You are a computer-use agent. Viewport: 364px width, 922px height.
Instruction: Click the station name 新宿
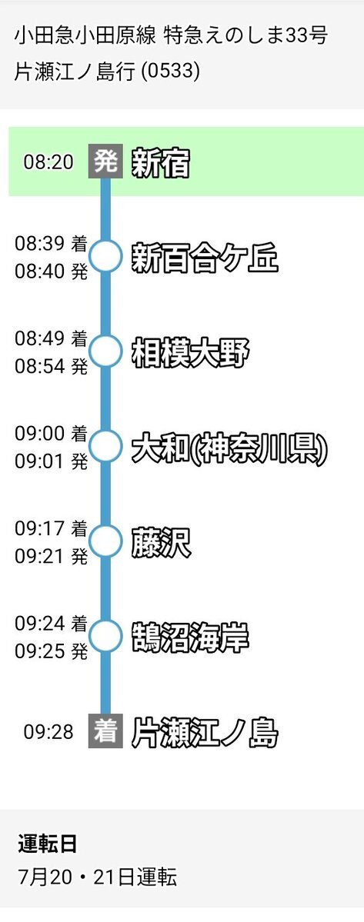click(x=161, y=162)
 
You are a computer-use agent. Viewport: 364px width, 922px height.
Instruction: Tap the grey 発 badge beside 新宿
click(x=106, y=161)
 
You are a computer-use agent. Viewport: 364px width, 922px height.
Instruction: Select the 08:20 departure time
click(x=48, y=161)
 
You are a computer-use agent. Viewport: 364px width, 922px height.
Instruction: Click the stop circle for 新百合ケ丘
click(x=106, y=256)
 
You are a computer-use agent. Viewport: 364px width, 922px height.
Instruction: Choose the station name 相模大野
click(x=190, y=352)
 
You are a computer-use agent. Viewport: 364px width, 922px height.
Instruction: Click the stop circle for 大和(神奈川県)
click(x=106, y=445)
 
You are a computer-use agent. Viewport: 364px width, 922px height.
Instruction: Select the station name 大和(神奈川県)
click(x=229, y=448)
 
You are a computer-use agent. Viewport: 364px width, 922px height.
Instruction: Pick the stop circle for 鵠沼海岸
click(x=106, y=635)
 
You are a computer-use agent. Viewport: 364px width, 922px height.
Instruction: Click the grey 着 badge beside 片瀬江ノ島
click(x=106, y=731)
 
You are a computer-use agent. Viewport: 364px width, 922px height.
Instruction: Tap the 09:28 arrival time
click(x=48, y=732)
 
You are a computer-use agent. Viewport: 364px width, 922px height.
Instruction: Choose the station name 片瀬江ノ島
click(x=205, y=733)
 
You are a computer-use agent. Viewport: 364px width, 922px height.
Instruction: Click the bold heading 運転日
click(x=48, y=844)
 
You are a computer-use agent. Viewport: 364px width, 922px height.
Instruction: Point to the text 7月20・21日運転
click(x=98, y=877)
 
